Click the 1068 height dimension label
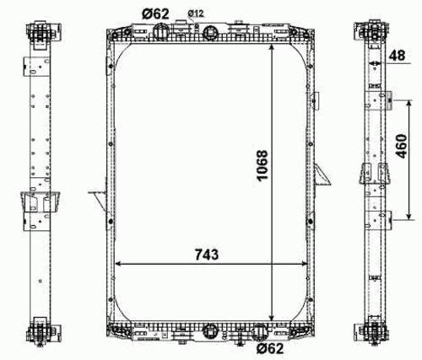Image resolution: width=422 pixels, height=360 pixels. [x=262, y=165]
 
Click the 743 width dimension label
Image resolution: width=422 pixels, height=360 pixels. [x=207, y=255]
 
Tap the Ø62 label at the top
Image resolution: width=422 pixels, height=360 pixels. [x=155, y=13]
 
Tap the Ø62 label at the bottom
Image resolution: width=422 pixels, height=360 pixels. [x=270, y=349]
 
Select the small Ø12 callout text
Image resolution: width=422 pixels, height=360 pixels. [x=196, y=13]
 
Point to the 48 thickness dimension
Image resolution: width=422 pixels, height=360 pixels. [x=397, y=56]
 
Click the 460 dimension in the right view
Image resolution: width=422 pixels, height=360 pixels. [x=401, y=146]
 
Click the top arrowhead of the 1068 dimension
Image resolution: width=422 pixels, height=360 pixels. [x=272, y=47]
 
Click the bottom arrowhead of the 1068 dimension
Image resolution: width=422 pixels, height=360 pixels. [x=272, y=318]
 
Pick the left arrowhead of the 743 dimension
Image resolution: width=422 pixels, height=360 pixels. [x=118, y=264]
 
